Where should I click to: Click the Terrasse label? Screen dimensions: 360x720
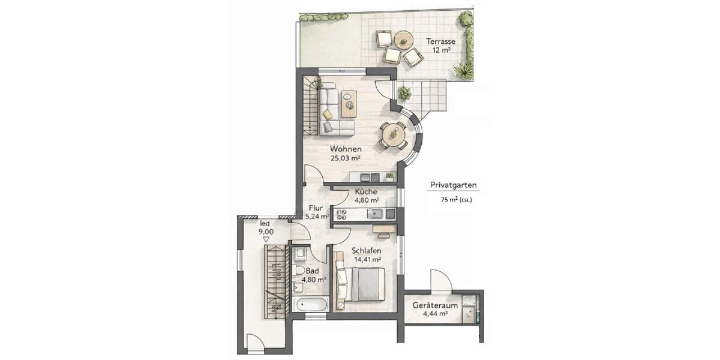coord(441,41)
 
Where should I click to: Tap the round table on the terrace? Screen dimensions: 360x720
coord(403,40)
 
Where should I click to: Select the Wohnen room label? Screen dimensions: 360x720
coord(345,149)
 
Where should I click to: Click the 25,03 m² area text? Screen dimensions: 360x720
coord(345,159)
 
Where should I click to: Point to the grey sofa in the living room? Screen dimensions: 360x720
coord(332,111)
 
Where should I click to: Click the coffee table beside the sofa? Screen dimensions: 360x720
coord(348,104)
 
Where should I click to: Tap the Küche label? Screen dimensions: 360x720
coord(366,191)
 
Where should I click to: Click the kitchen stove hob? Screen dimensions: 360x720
coord(343,213)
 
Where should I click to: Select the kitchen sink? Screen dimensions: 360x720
coord(376,213)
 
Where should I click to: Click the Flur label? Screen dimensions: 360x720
coord(316,208)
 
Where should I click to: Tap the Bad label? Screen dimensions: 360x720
coord(313,271)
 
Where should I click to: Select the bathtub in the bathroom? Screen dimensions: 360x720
coord(311,304)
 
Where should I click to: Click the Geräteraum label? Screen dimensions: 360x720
coord(435,305)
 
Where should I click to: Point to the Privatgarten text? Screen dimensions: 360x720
coord(454,185)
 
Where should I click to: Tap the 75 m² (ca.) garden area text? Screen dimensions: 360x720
coord(456,200)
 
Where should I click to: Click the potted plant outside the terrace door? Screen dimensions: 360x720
coord(404,93)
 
